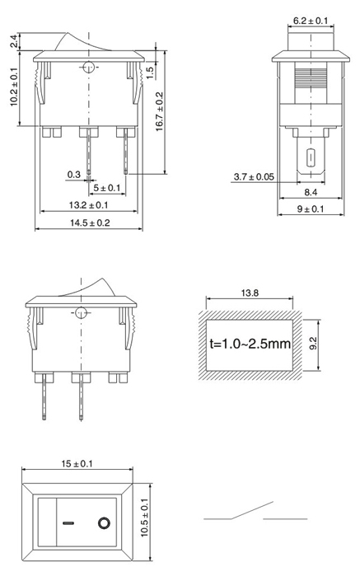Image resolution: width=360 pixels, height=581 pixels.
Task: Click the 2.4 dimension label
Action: pos(13,40)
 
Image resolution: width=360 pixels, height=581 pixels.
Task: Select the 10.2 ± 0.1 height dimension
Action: pos(14,87)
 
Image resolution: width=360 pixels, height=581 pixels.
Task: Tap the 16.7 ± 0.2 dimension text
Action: pos(159,111)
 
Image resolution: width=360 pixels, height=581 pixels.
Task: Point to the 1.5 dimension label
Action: pos(150,73)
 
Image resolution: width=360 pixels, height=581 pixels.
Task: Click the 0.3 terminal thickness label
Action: pos(73,174)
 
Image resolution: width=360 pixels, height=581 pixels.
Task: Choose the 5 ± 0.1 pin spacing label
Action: pos(106,188)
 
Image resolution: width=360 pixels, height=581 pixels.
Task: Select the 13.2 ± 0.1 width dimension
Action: pos(88,205)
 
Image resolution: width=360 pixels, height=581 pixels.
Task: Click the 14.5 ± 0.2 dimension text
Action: pos(90,223)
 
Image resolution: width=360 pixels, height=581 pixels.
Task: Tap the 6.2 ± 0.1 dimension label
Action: pos(311,21)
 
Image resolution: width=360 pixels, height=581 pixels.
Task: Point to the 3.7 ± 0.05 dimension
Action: pos(254,176)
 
